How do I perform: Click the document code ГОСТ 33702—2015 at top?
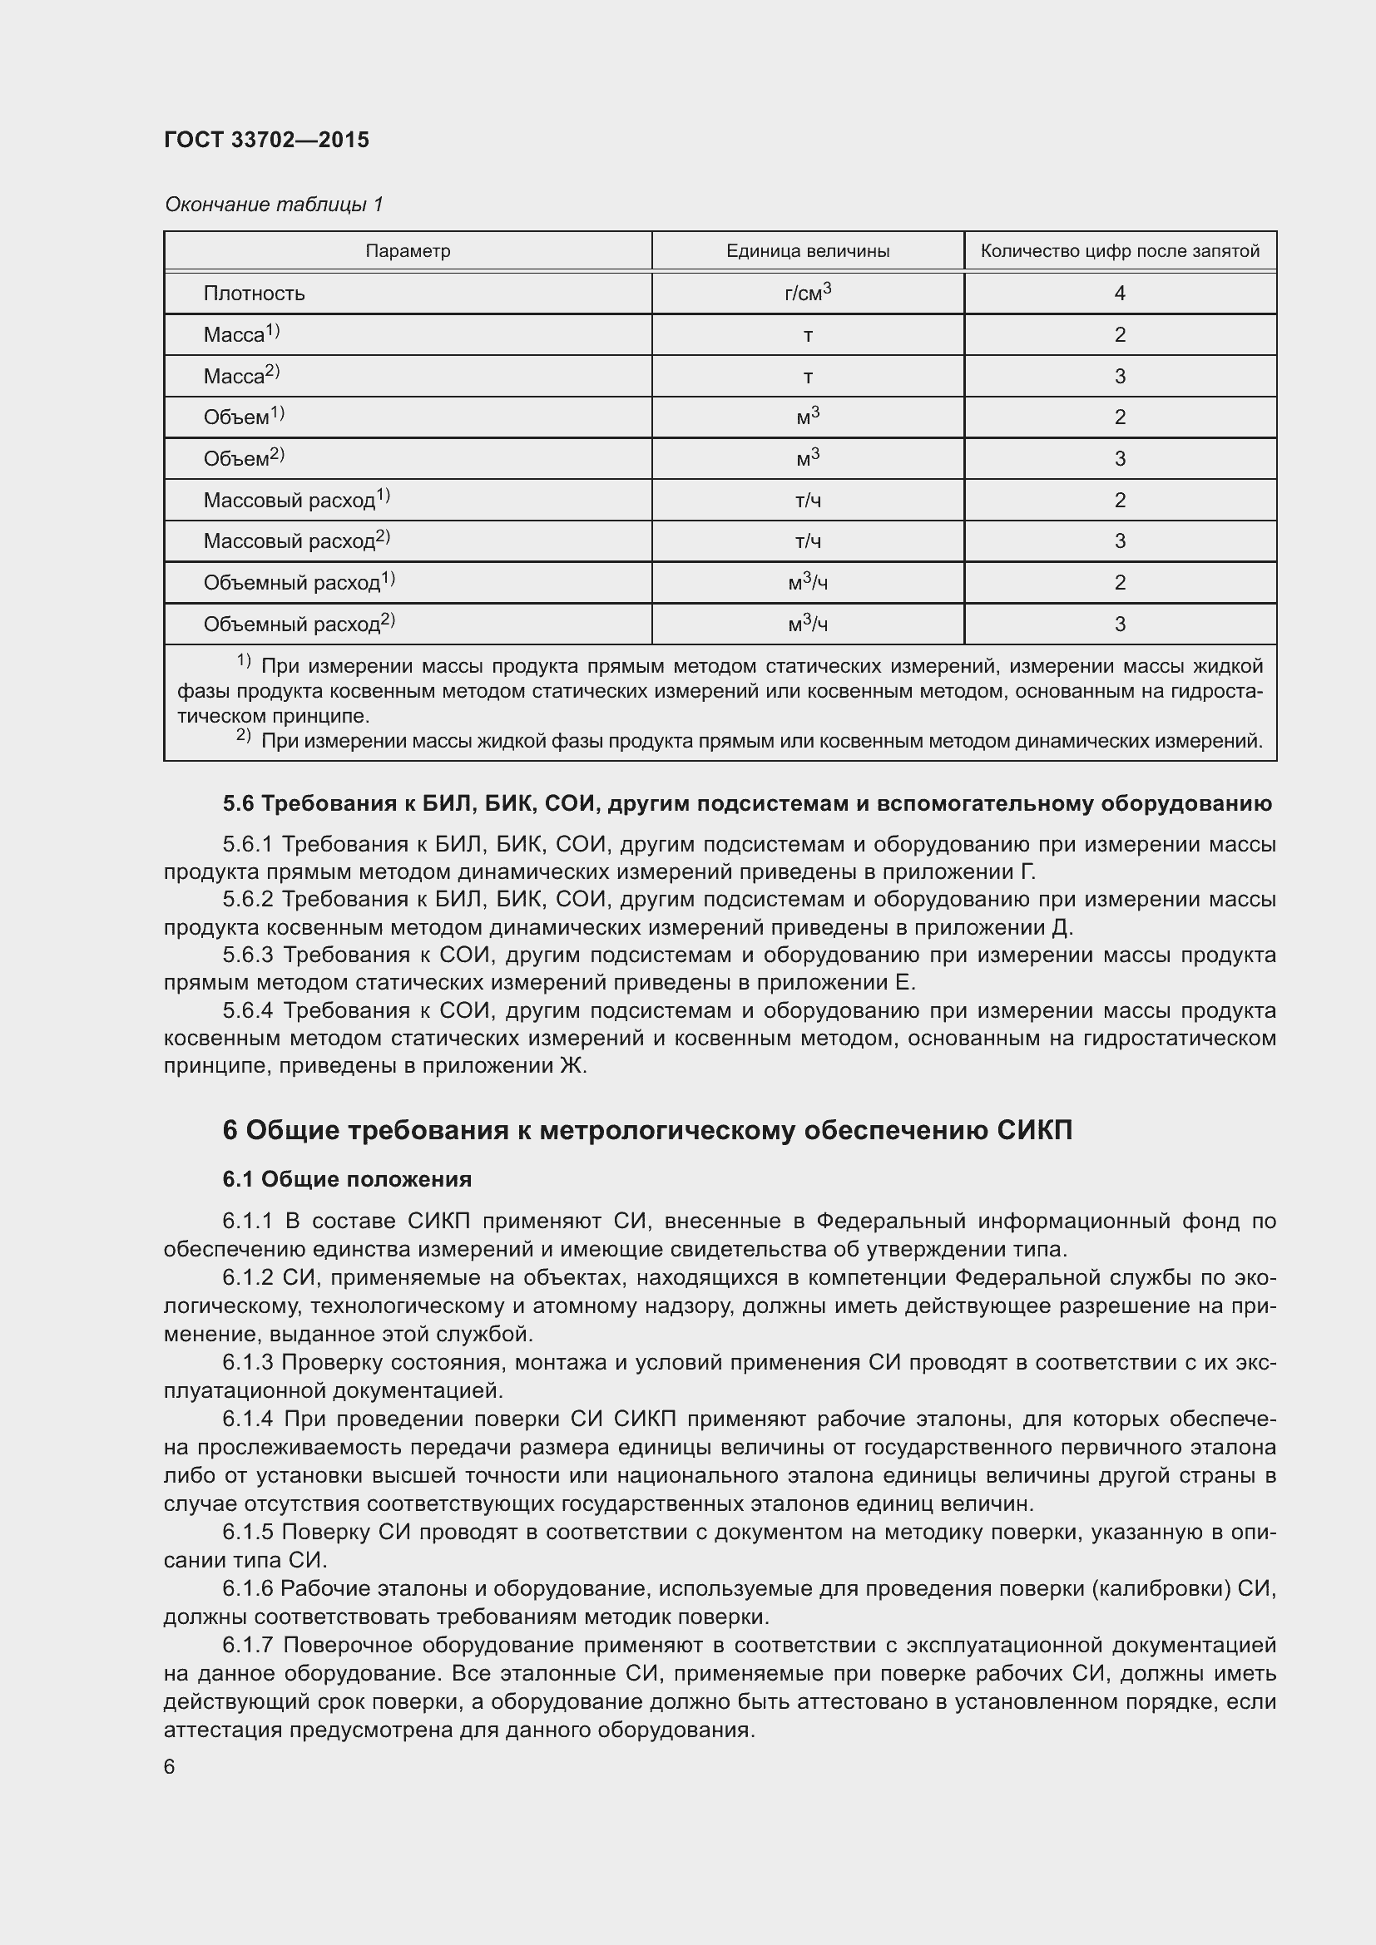[266, 140]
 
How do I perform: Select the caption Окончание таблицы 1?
[274, 205]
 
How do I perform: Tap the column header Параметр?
[408, 251]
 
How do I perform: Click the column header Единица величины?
[808, 251]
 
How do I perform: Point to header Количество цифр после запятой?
[1119, 251]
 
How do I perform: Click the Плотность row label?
[254, 293]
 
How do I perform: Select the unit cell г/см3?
[808, 292]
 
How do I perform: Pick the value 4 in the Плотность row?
[1119, 293]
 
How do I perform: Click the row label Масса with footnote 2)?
[240, 375]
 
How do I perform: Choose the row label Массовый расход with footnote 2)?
[295, 541]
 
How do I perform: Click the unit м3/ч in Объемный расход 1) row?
[808, 582]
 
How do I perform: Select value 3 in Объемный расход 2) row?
[1119, 624]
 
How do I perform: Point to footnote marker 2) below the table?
[243, 736]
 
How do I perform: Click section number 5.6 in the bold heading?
[238, 803]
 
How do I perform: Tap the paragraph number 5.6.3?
[247, 955]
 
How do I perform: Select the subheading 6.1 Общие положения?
[348, 1179]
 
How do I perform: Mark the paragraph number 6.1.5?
[247, 1532]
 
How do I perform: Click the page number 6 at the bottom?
[170, 1766]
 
